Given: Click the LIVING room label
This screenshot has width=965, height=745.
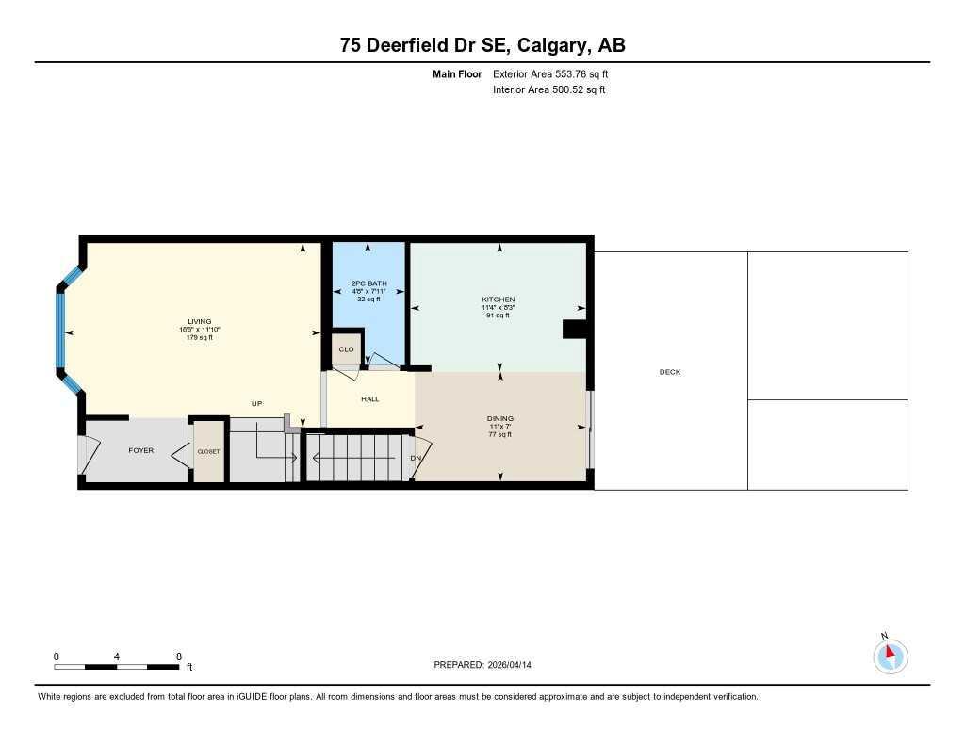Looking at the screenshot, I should click(x=199, y=321).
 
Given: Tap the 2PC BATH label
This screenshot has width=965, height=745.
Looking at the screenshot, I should click(x=368, y=283).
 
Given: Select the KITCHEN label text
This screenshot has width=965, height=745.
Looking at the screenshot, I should click(x=499, y=300).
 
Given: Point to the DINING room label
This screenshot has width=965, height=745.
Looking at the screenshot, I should click(x=499, y=418).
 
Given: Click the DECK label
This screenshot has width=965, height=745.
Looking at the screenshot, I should click(x=669, y=372).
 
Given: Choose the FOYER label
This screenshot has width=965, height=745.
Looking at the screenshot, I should click(x=140, y=451).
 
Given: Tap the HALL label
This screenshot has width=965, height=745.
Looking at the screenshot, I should click(x=369, y=399).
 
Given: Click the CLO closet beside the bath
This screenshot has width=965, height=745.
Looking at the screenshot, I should click(x=346, y=348).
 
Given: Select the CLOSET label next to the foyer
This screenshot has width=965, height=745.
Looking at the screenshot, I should click(x=208, y=452).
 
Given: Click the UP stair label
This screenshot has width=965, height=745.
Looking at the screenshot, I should click(x=256, y=404).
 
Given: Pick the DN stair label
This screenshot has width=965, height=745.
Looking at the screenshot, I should click(x=415, y=459).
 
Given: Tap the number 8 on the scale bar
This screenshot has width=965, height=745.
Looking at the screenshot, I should click(x=178, y=656).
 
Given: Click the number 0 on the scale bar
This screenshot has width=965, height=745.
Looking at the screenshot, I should click(x=57, y=656).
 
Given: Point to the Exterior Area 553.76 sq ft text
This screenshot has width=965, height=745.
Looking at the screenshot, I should click(x=557, y=73).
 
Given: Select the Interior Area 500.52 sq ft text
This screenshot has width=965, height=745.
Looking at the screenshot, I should click(x=548, y=90).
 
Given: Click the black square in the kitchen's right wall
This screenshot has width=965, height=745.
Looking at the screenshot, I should click(x=573, y=329).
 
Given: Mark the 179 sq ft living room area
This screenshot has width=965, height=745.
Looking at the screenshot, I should click(x=199, y=337).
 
